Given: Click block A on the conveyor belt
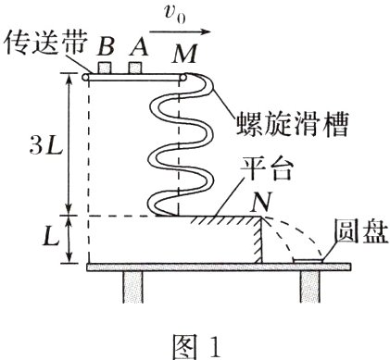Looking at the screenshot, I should pyautogui.click(x=137, y=69).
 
